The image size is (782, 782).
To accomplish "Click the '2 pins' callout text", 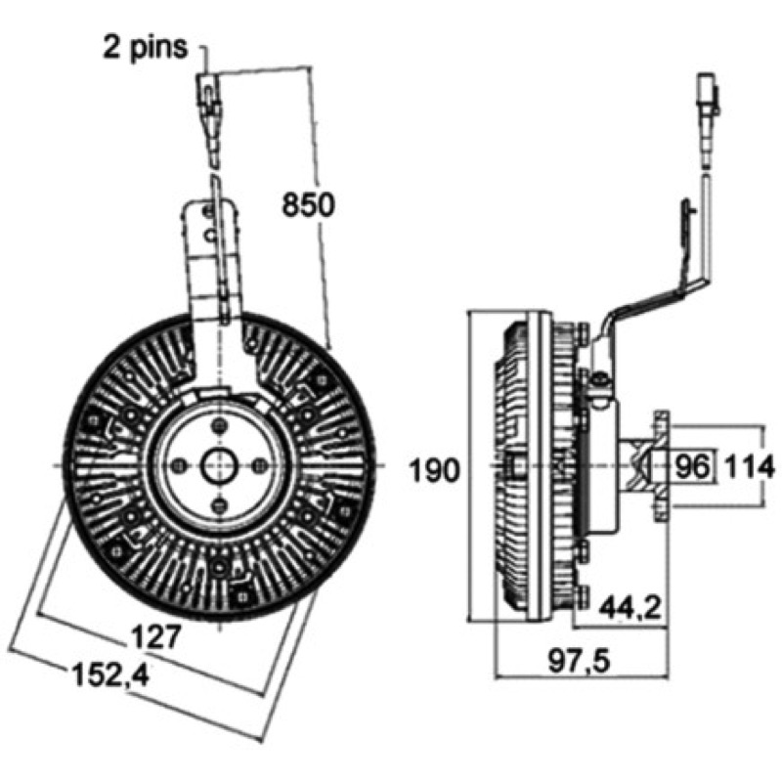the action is (x=145, y=47).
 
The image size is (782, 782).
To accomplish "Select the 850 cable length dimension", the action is (x=308, y=205).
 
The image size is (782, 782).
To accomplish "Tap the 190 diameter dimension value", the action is (x=434, y=470).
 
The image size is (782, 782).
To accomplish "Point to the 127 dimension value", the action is (x=155, y=637).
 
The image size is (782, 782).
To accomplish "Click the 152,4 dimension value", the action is (x=111, y=675).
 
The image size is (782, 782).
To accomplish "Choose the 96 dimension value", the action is (x=691, y=467).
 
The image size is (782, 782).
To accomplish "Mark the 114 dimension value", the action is (x=748, y=467).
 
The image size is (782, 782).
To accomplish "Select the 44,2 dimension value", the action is (x=630, y=607).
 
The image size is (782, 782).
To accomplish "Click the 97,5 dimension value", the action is (x=579, y=662).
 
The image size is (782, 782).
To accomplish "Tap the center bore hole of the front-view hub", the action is (x=219, y=466).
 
